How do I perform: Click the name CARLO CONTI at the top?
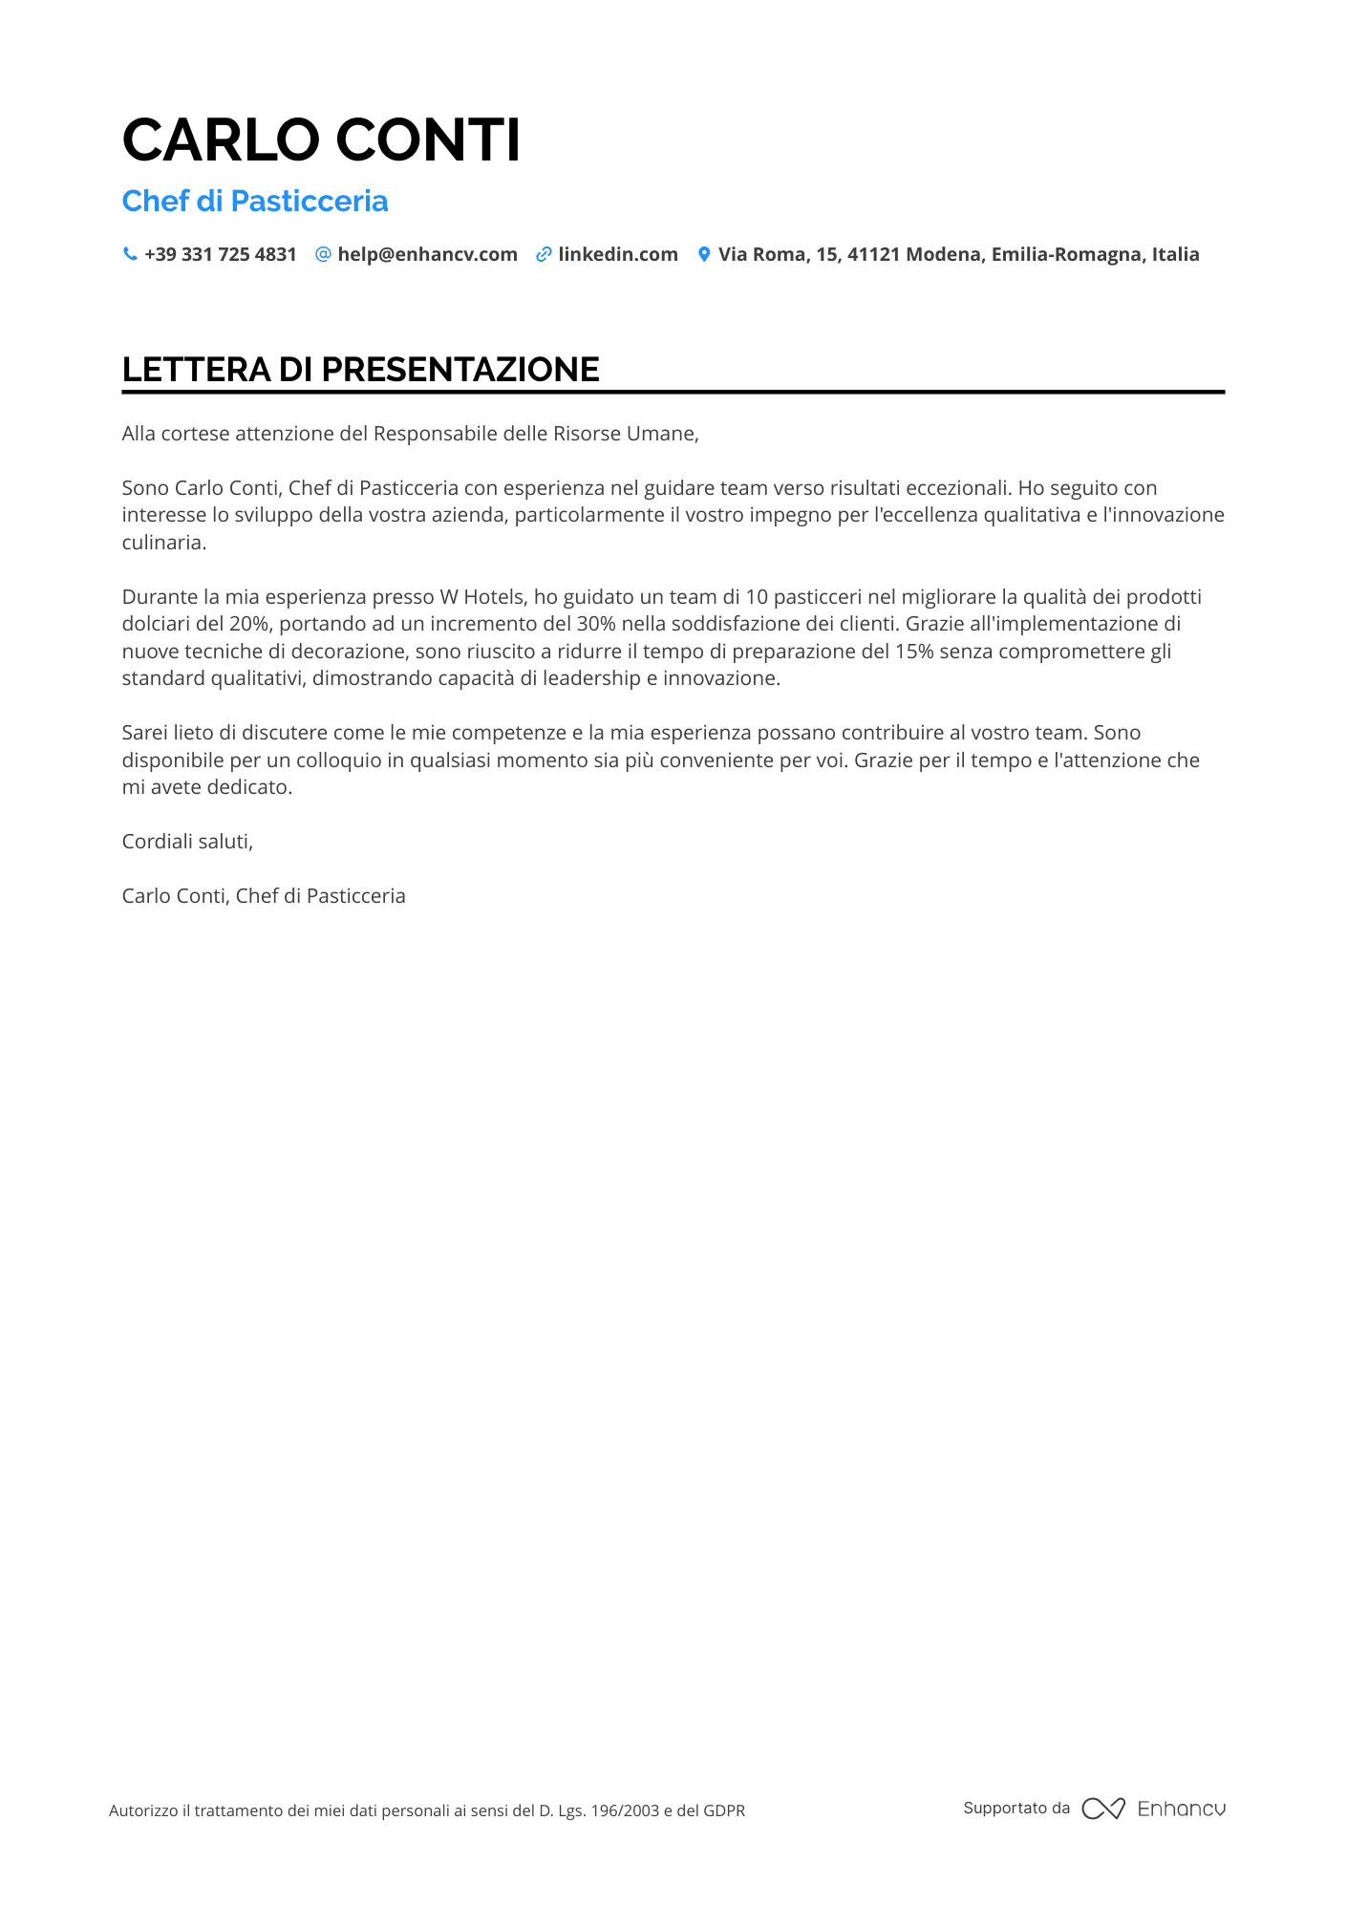click(x=321, y=139)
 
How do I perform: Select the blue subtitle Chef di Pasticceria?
click(x=255, y=201)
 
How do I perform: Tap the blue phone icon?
click(x=130, y=254)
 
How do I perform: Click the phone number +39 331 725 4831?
click(x=221, y=254)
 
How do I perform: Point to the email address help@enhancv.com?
click(x=427, y=254)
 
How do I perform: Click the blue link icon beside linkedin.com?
click(x=544, y=254)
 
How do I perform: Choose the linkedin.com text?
click(x=618, y=254)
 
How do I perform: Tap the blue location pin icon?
click(x=704, y=254)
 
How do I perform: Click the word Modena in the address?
click(x=943, y=254)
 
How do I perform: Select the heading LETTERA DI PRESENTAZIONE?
click(x=360, y=370)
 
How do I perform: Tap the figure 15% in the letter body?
click(x=914, y=652)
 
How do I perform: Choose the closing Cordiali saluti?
click(x=187, y=842)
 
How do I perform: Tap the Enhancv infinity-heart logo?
click(x=1102, y=1809)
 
